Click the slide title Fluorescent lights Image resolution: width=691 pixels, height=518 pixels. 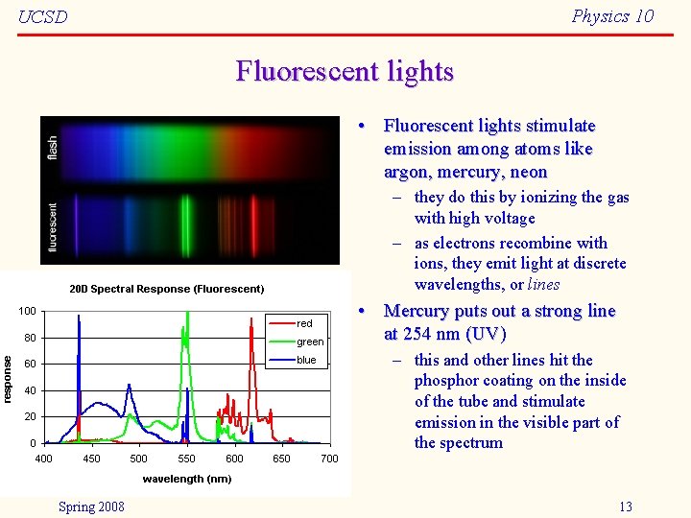[345, 72]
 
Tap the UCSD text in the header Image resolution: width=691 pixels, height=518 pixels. [43, 17]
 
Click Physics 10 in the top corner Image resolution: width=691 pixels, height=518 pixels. [612, 15]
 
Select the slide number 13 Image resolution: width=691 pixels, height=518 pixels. [625, 506]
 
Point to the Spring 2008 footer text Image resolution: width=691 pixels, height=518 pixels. [91, 506]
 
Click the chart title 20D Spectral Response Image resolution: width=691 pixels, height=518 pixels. [167, 288]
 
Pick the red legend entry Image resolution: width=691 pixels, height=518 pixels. [304, 323]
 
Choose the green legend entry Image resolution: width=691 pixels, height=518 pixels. [310, 341]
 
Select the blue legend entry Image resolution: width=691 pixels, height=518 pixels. [306, 360]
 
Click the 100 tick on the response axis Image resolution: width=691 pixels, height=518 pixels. [27, 312]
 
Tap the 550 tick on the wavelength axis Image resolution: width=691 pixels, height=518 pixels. [186, 459]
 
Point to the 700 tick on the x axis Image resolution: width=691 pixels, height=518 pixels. [329, 459]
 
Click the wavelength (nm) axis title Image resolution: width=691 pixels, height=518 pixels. [187, 479]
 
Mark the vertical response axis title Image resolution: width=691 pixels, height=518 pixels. [9, 378]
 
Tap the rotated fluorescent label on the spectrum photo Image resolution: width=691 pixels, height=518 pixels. [52, 226]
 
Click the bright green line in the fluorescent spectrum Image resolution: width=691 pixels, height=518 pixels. [186, 225]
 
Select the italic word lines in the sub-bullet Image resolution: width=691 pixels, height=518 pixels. [543, 284]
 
